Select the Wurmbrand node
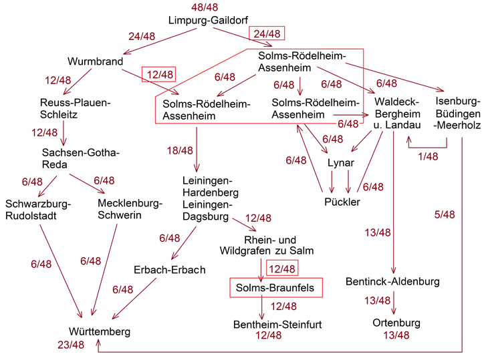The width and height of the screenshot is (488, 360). (96, 62)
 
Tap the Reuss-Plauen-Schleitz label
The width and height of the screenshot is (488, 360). (74, 108)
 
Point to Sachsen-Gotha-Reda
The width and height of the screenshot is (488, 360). (80, 159)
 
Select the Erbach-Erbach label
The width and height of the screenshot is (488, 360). (170, 270)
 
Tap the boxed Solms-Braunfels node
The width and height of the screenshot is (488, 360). (276, 288)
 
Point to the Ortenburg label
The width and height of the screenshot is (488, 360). (396, 323)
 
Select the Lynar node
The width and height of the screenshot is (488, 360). (340, 163)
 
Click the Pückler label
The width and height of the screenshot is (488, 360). (342, 202)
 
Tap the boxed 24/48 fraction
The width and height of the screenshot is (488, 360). (267, 33)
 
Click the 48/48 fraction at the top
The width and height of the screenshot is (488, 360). (204, 7)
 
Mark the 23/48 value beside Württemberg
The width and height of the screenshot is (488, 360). (70, 345)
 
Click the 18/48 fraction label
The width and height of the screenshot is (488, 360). (180, 151)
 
